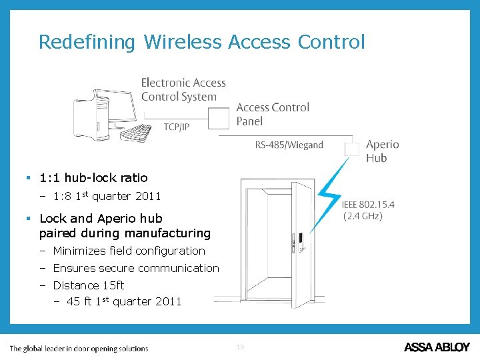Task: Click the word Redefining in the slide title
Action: [x=87, y=42]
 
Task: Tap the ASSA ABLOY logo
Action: [x=437, y=347]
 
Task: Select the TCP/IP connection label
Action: [x=177, y=127]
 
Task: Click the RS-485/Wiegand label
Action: [x=289, y=145]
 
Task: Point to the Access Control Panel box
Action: [x=219, y=119]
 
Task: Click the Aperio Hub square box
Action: [x=351, y=149]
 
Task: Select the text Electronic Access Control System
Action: [x=183, y=89]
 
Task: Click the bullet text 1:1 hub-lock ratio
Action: [x=93, y=178]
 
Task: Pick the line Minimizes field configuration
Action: [x=129, y=251]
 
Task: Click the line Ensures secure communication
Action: [x=135, y=268]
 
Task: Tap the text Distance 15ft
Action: [x=88, y=285]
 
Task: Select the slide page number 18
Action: [x=240, y=347]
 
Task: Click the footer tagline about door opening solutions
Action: [x=79, y=348]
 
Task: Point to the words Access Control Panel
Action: [x=273, y=114]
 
